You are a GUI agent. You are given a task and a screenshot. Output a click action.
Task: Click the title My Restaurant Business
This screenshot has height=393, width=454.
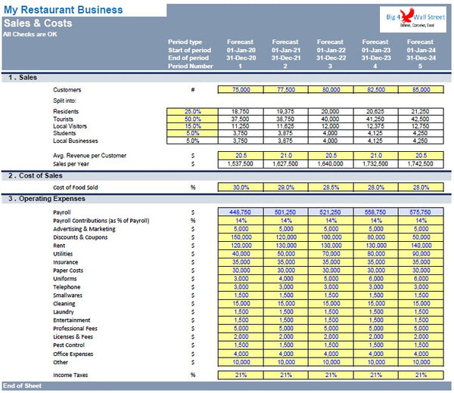click(x=64, y=10)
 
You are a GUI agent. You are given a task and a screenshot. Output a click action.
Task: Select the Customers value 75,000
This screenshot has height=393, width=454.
click(x=241, y=89)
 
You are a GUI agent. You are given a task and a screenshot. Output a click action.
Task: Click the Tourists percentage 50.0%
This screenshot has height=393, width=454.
click(x=192, y=119)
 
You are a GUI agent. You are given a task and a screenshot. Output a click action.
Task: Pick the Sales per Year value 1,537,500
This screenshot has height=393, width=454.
click(x=241, y=163)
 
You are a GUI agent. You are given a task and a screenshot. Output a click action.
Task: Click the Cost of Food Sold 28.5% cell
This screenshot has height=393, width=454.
click(x=330, y=187)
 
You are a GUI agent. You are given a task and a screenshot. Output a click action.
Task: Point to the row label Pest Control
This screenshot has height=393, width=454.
click(x=69, y=345)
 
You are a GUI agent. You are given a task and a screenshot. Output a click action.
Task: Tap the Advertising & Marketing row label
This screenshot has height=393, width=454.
click(x=85, y=228)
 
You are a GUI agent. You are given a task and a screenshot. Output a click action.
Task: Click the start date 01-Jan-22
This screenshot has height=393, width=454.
click(x=330, y=50)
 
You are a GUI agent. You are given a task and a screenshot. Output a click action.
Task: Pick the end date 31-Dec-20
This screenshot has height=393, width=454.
click(x=241, y=58)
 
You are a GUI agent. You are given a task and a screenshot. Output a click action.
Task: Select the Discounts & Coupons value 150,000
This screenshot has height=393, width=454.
click(x=241, y=237)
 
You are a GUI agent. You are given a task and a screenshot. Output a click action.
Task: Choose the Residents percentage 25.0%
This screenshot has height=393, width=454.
click(x=192, y=110)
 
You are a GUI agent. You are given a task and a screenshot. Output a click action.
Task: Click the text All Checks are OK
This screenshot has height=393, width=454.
click(x=31, y=34)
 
